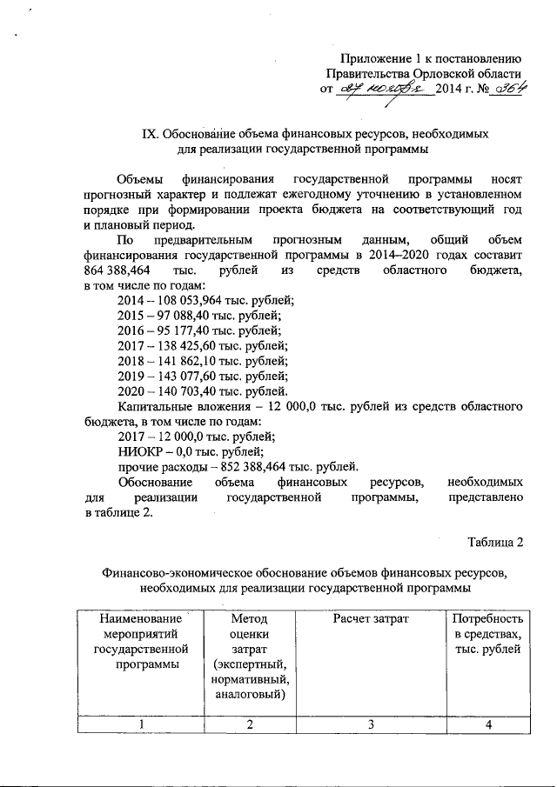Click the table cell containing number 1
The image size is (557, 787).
coord(139,726)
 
